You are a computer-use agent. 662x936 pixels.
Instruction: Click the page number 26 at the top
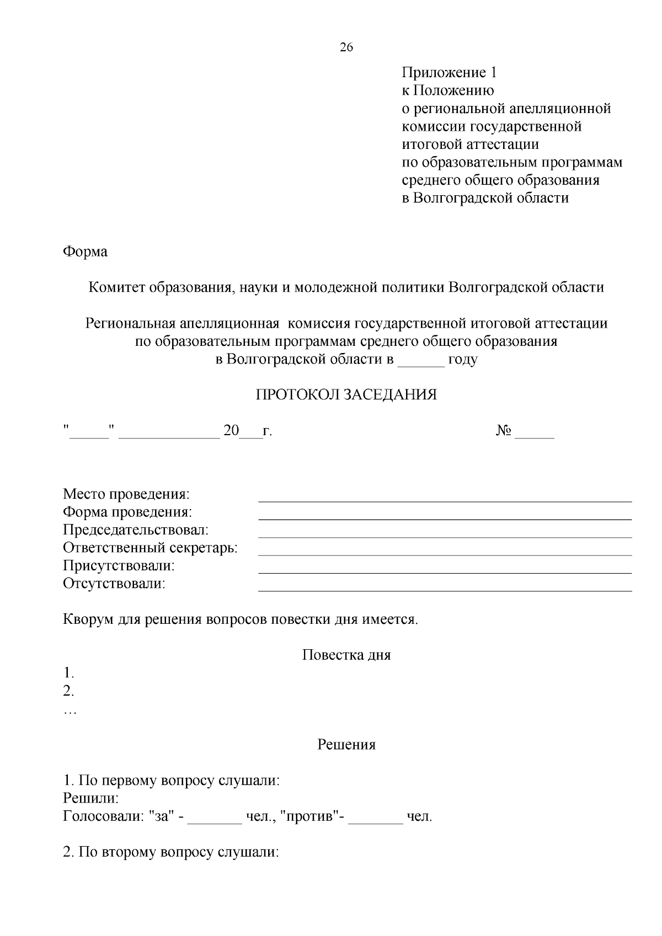pyautogui.click(x=346, y=47)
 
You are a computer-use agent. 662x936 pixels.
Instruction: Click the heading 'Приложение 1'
pyautogui.click(x=449, y=73)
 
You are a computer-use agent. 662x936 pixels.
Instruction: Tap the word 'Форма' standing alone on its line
pyautogui.click(x=85, y=252)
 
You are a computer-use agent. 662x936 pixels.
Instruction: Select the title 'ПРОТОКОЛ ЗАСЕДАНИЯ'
pyautogui.click(x=346, y=395)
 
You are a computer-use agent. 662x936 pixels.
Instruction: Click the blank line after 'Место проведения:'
pyautogui.click(x=445, y=499)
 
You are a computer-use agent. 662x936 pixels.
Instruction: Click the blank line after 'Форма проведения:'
pyautogui.click(x=445, y=517)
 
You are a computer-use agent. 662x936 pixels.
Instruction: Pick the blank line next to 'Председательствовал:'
pyautogui.click(x=445, y=535)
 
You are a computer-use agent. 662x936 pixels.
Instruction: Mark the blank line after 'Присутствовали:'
pyautogui.click(x=445, y=571)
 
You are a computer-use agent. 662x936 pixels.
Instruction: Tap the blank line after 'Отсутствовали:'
pyautogui.click(x=445, y=589)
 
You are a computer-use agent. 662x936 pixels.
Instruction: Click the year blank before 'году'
pyautogui.click(x=421, y=364)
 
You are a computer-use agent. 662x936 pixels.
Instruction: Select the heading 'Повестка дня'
pyautogui.click(x=346, y=655)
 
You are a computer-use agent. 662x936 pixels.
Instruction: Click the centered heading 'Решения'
pyautogui.click(x=346, y=745)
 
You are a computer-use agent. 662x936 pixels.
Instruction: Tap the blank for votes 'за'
pyautogui.click(x=215, y=821)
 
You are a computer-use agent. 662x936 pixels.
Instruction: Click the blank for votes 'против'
pyautogui.click(x=376, y=821)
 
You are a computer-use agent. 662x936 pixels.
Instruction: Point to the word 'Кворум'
pyautogui.click(x=88, y=619)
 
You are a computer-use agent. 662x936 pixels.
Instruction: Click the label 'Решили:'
pyautogui.click(x=91, y=799)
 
